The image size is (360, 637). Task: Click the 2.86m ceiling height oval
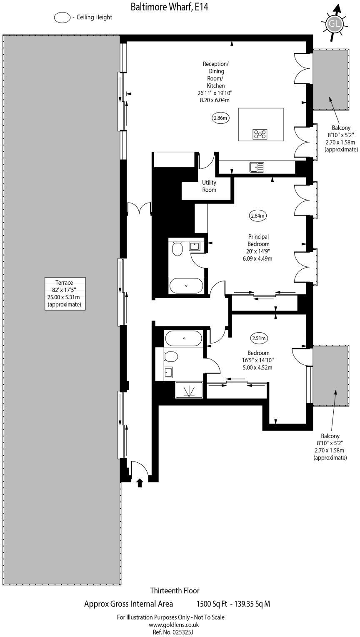[x=220, y=118]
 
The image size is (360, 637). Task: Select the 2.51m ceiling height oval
[x=258, y=338]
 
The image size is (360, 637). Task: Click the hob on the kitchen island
[x=260, y=134]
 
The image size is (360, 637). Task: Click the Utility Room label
[x=209, y=186]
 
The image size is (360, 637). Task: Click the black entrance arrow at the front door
[x=140, y=482]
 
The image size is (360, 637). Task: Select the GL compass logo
[x=334, y=24]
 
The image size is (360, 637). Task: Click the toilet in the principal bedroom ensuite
[x=177, y=249]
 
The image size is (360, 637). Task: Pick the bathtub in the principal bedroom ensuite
[x=186, y=286]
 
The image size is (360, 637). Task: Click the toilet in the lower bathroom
[x=171, y=356]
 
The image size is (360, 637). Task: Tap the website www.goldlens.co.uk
[x=174, y=624]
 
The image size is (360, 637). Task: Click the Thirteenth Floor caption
[x=175, y=590]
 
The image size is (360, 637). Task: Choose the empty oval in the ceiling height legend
[x=62, y=18]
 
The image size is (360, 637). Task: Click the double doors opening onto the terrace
[x=139, y=208]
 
